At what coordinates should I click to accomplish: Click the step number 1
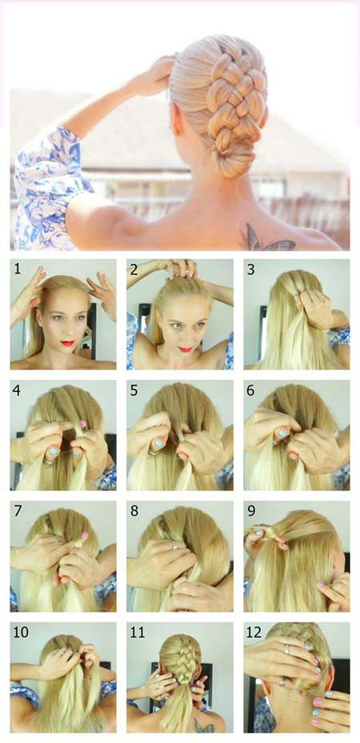tap(18, 270)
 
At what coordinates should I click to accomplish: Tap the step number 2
tap(134, 270)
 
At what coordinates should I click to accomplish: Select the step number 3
tap(251, 270)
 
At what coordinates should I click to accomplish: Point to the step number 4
tap(18, 391)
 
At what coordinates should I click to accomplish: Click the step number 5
tap(134, 391)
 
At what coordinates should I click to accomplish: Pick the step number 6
tap(251, 391)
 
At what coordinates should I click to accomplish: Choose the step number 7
tap(18, 512)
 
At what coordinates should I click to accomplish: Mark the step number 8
tap(134, 512)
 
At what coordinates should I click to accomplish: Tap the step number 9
tap(251, 512)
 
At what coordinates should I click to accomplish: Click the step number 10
tap(21, 633)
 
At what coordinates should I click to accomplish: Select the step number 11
tap(138, 633)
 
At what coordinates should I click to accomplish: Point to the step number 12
tap(254, 633)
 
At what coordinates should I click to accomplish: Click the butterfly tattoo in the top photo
tap(268, 239)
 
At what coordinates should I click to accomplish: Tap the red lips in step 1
tap(68, 343)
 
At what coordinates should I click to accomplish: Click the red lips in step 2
tap(186, 350)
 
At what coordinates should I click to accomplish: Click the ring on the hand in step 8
tap(174, 545)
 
